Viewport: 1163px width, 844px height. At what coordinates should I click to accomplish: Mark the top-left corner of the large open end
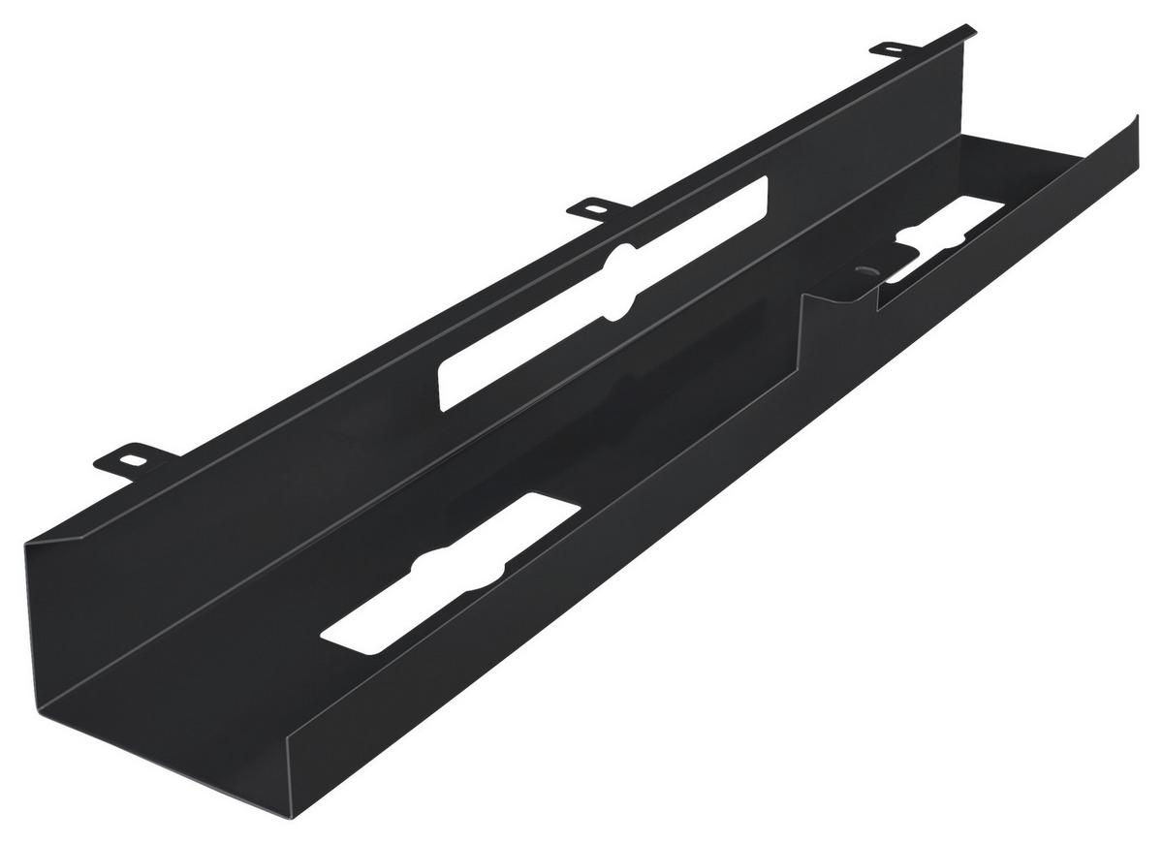[x=26, y=546]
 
